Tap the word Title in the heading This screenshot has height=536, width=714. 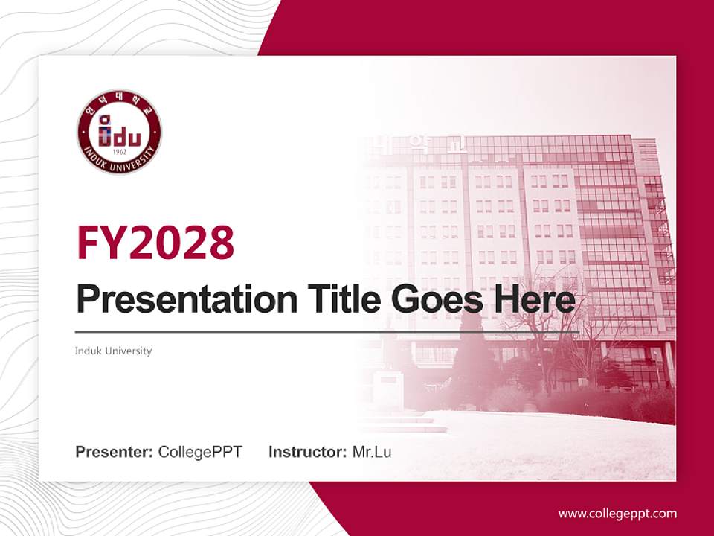click(x=341, y=299)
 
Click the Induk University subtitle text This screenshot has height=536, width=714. click(x=113, y=351)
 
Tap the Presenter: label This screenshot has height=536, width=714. click(x=115, y=452)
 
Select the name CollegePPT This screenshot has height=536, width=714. click(x=200, y=452)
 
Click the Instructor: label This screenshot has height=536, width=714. click(x=307, y=452)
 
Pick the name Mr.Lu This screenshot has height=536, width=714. click(x=371, y=452)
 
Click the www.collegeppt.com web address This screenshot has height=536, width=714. click(x=617, y=513)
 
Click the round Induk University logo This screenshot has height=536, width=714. click(x=119, y=133)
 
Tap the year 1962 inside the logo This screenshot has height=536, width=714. click(x=119, y=151)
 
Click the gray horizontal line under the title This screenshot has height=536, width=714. click(x=327, y=331)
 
